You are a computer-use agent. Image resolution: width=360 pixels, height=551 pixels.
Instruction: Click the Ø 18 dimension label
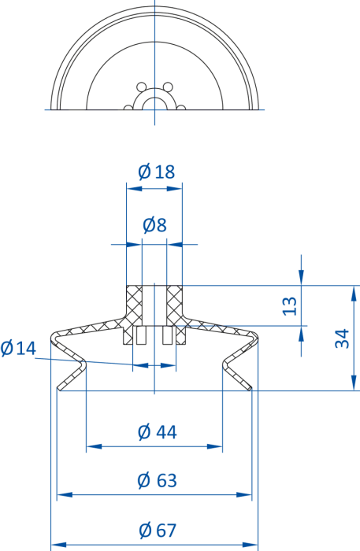pos(157,172)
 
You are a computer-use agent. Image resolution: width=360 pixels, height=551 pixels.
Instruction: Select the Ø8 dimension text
pos(154,225)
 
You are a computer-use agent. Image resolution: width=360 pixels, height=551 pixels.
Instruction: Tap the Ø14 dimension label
pos(18,348)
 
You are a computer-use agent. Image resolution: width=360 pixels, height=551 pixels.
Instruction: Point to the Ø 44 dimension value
pos(157,432)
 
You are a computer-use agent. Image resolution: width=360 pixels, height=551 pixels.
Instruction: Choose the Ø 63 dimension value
pos(157,480)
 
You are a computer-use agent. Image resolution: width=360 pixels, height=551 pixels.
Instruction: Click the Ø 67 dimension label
pos(157,531)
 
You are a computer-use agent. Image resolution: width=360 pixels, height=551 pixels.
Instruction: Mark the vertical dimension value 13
pos(290,306)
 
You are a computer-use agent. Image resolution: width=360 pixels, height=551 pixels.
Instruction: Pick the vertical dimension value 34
pos(342,338)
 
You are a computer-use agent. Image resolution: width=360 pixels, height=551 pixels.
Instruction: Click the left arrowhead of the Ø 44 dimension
pos(94,446)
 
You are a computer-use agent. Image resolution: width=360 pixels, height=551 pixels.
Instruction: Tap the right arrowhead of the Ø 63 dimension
pos(244,495)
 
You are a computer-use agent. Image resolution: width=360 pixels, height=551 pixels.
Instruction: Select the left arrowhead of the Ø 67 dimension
pos(59,545)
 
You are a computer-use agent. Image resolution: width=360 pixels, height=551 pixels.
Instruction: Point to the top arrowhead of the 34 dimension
pos(354,294)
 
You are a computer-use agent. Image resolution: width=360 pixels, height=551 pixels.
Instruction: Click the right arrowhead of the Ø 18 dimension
pos(175,189)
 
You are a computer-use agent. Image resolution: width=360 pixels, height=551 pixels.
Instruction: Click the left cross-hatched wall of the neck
pos(134,305)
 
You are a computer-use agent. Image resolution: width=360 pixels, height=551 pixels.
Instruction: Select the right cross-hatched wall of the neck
pos(175,305)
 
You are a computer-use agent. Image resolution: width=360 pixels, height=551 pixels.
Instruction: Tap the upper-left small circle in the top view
pos(141,87)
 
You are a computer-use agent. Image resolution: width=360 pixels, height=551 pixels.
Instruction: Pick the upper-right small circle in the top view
pos(168,87)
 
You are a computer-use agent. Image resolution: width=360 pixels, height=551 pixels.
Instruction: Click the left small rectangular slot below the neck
pos(141,335)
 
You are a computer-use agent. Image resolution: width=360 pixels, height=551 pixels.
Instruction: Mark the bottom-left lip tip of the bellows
pos(59,388)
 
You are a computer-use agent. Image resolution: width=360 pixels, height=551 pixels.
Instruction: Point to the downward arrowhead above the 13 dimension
pos(301,276)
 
